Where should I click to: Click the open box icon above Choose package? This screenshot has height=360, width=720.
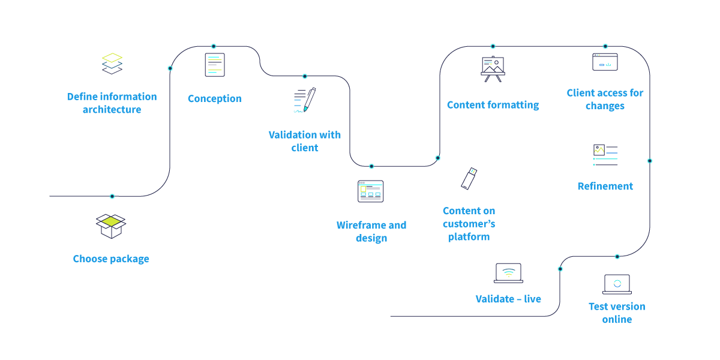111,226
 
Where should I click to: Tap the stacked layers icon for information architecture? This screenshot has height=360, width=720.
112,64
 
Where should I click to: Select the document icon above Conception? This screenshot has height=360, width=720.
215,65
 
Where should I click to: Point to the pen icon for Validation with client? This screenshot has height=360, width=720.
305,100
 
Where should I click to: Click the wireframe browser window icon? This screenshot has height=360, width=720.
370,191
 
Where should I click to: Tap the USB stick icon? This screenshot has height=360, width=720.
469,178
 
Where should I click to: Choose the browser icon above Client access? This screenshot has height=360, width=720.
605,62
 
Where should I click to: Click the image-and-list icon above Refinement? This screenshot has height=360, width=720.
605,154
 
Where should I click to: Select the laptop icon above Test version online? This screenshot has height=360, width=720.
617,284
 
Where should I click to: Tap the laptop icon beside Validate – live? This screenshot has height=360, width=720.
508,273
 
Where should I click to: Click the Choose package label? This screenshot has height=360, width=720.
111,259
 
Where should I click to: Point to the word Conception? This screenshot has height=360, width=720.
215,98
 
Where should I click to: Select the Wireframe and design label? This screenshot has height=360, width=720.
371,232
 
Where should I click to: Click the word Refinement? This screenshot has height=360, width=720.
605,186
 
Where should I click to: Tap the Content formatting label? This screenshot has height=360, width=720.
493,105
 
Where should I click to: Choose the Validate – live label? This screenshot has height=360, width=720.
508,299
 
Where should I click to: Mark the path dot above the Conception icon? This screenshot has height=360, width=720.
214,46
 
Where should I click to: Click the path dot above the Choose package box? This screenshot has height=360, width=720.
112,196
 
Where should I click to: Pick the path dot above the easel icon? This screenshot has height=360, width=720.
493,46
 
